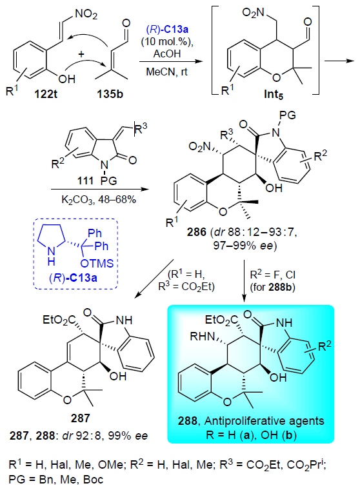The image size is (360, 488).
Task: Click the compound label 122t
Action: (46, 93)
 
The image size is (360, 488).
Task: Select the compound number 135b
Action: (110, 93)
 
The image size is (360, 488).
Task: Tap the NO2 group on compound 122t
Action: (86, 14)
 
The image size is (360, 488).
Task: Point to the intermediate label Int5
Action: (274, 94)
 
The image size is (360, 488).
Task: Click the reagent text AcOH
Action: (167, 54)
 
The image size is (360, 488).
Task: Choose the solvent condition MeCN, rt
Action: (167, 72)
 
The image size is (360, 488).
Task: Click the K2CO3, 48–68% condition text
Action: (99, 199)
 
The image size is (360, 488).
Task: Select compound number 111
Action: (86, 180)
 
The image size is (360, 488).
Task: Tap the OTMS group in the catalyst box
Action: (97, 263)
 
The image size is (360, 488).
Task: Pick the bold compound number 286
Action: (197, 232)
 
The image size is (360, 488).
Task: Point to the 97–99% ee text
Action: (245, 246)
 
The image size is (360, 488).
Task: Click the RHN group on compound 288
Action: (203, 336)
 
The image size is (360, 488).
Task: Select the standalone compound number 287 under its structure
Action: (81, 418)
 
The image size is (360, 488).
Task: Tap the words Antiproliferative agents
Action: (265, 421)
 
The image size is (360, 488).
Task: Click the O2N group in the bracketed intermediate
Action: (253, 13)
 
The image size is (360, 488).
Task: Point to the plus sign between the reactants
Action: (81, 54)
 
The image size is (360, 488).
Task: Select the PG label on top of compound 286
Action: (288, 115)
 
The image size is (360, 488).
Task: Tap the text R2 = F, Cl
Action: (273, 275)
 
